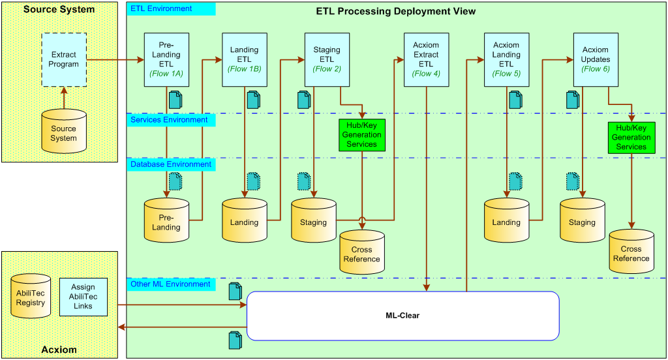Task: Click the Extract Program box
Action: (x=63, y=60)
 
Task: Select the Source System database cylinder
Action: (x=63, y=131)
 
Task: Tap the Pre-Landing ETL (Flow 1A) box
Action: (x=166, y=60)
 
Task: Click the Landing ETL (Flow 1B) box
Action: (x=245, y=60)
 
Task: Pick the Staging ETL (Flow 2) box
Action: (x=327, y=60)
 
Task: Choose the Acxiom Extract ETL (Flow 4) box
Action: (x=426, y=60)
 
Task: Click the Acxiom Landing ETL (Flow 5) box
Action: (x=506, y=60)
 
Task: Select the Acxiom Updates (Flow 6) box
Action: (x=596, y=60)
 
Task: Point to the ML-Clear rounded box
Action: (x=402, y=316)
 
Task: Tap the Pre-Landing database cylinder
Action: (x=166, y=219)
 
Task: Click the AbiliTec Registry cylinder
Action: (x=31, y=297)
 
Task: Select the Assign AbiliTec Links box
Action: (x=83, y=297)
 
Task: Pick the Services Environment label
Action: (x=170, y=120)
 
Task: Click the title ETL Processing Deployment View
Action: (x=395, y=12)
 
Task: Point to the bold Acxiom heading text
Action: (x=59, y=350)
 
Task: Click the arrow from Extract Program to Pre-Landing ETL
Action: (x=115, y=60)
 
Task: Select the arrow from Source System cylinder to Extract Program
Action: (x=63, y=98)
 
